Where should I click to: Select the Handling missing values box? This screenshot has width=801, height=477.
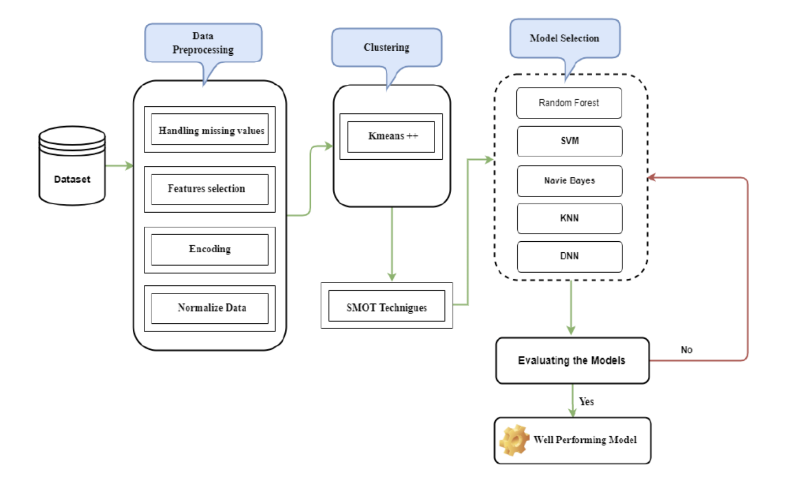click(209, 130)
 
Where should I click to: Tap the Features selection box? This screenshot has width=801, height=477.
click(209, 189)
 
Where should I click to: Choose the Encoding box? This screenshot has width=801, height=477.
click(209, 250)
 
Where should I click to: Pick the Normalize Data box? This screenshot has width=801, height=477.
click(209, 308)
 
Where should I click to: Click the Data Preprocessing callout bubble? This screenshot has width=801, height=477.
click(203, 43)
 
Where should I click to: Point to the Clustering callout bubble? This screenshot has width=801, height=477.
click(386, 47)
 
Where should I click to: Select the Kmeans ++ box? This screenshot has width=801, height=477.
click(391, 136)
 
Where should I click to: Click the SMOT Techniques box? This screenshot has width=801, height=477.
click(386, 306)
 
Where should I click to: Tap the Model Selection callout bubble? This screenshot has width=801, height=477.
click(565, 39)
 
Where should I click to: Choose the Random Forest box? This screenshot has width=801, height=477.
click(569, 103)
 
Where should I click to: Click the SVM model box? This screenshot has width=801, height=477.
click(569, 141)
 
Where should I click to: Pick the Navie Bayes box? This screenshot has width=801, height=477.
click(569, 181)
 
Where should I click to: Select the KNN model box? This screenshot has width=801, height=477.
click(569, 218)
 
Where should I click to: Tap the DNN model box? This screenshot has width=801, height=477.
click(569, 256)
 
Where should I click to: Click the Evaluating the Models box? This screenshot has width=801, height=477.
click(572, 361)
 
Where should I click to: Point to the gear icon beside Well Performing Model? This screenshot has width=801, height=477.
click(514, 440)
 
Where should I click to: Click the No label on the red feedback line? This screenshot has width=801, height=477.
click(686, 350)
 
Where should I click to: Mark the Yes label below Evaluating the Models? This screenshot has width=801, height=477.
click(586, 402)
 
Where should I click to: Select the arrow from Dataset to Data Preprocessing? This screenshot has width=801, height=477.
click(119, 166)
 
